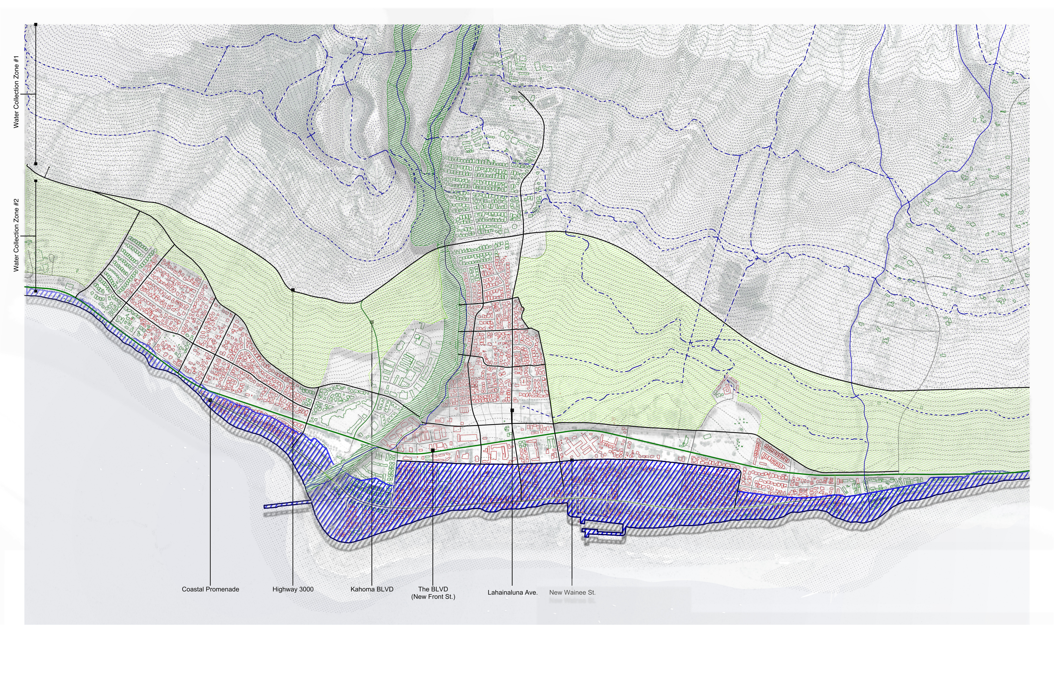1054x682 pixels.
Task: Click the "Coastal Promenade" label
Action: tap(210, 589)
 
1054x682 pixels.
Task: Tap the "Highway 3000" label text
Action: tap(293, 589)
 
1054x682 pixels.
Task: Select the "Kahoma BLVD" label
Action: tap(372, 589)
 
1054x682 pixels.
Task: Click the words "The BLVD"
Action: tap(433, 589)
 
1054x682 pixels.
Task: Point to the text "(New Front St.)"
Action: tap(433, 596)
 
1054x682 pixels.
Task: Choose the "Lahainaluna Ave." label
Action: tap(512, 592)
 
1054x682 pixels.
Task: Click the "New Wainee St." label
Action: tap(572, 592)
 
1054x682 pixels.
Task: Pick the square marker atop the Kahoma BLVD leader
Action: tap(372, 322)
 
